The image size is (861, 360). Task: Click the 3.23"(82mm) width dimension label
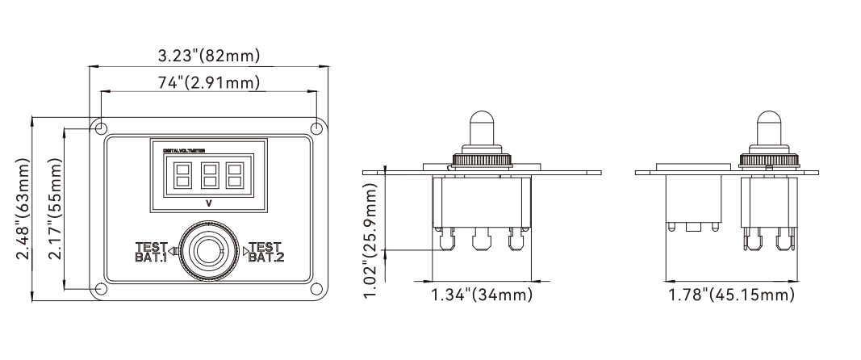click(x=209, y=56)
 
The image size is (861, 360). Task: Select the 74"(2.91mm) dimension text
click(x=209, y=83)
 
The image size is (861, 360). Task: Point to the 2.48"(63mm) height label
click(x=23, y=208)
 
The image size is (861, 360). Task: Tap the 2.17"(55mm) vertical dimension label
click(x=55, y=208)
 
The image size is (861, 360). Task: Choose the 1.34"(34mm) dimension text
click(x=482, y=295)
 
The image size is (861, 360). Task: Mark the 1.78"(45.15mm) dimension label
click(x=731, y=295)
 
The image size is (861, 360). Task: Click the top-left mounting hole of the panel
click(x=101, y=129)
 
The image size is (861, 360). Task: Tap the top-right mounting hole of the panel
click(x=316, y=129)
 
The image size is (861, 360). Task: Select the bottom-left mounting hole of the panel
click(x=101, y=288)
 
